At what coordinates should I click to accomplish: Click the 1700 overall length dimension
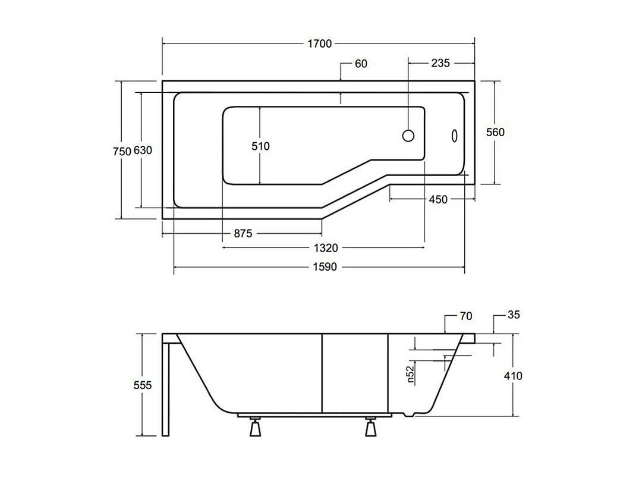click(x=319, y=43)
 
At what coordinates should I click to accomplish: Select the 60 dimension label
click(x=361, y=64)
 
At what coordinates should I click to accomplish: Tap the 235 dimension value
click(x=440, y=63)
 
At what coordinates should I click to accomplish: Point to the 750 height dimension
click(x=121, y=151)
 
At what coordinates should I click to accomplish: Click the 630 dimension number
click(x=143, y=151)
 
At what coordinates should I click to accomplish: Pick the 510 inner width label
click(x=260, y=146)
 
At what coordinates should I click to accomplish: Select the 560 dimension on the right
click(x=495, y=132)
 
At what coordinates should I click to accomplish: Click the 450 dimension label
click(x=437, y=200)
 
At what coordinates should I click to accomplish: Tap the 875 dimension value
click(x=243, y=234)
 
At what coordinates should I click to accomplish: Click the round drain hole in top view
click(x=408, y=136)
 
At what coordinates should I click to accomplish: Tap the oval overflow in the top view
click(x=454, y=136)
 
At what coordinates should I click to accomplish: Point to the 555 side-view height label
click(x=143, y=385)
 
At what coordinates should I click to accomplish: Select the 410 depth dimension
click(x=512, y=375)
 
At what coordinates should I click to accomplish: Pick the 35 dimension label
click(x=514, y=315)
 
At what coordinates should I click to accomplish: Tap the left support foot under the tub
click(x=256, y=427)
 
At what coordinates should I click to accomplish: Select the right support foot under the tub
click(x=371, y=427)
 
